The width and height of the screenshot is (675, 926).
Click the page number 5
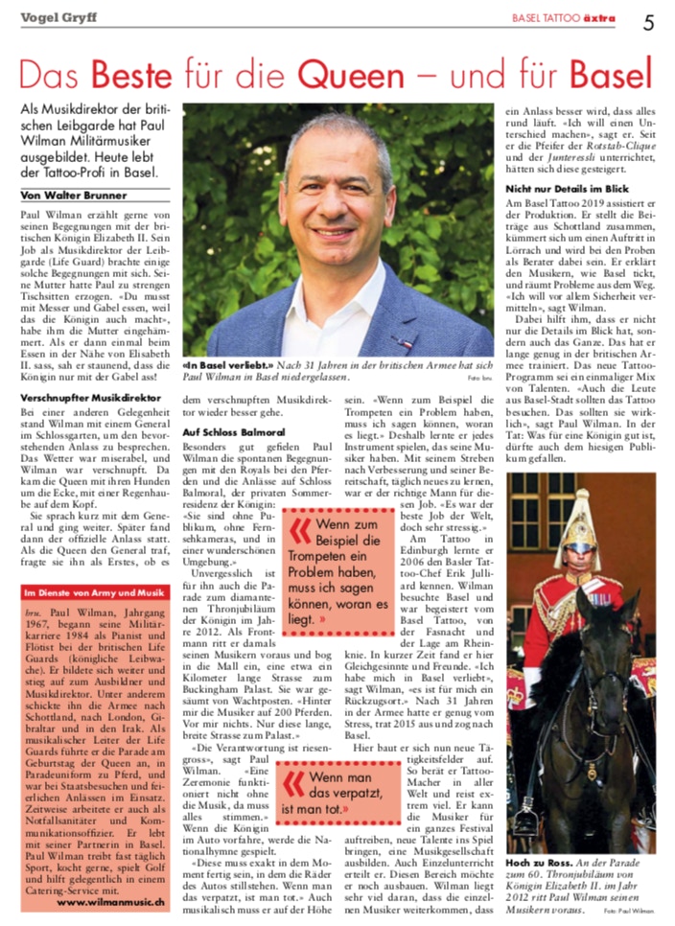pyautogui.click(x=648, y=18)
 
